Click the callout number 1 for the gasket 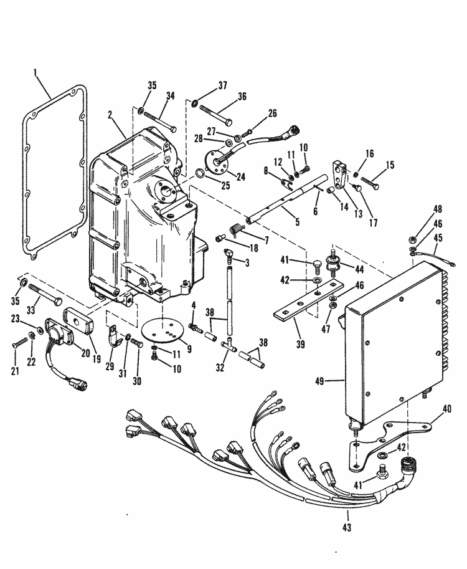[x=35, y=73]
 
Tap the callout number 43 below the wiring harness [x=346, y=528]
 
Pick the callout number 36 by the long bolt [x=242, y=97]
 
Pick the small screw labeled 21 [x=19, y=342]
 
